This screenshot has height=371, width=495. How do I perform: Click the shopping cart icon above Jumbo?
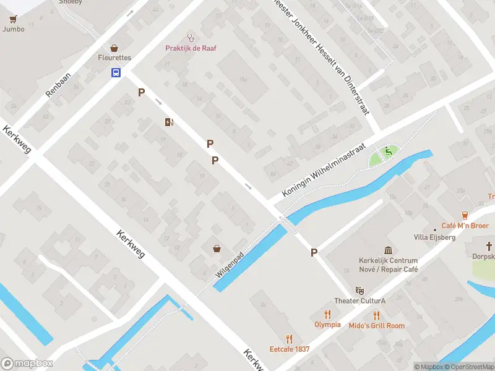13,18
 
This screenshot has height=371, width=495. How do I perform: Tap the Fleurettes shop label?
114,58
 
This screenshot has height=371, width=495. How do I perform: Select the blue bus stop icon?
116,73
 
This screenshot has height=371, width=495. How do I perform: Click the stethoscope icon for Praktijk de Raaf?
191,37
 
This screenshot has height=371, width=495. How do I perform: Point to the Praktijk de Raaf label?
191,48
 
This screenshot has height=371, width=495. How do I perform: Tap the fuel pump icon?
169,122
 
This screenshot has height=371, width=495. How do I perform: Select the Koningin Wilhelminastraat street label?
325,172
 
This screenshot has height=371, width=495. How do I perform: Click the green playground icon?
389,150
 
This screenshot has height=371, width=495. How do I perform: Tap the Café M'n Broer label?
465,226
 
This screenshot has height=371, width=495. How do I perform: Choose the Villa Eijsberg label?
434,237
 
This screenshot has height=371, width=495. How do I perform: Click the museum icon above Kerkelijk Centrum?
388,250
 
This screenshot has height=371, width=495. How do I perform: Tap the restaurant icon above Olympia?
327,314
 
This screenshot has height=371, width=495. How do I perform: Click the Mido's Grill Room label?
376,326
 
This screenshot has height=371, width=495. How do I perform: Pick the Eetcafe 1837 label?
289,349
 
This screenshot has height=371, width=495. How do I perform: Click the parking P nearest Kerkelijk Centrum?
314,252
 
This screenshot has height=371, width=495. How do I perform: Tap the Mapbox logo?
27,364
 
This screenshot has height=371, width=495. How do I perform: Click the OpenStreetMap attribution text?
468,367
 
